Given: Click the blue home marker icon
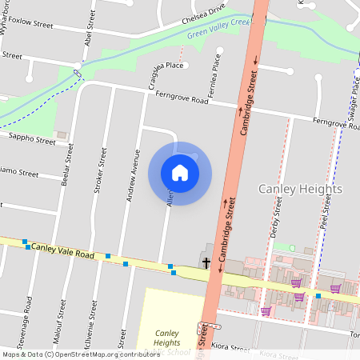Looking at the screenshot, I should coord(180,172).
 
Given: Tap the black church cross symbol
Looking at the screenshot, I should coord(206,262).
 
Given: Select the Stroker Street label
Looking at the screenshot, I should coord(100,170).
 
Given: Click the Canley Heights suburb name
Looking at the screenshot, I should coord(300,189).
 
